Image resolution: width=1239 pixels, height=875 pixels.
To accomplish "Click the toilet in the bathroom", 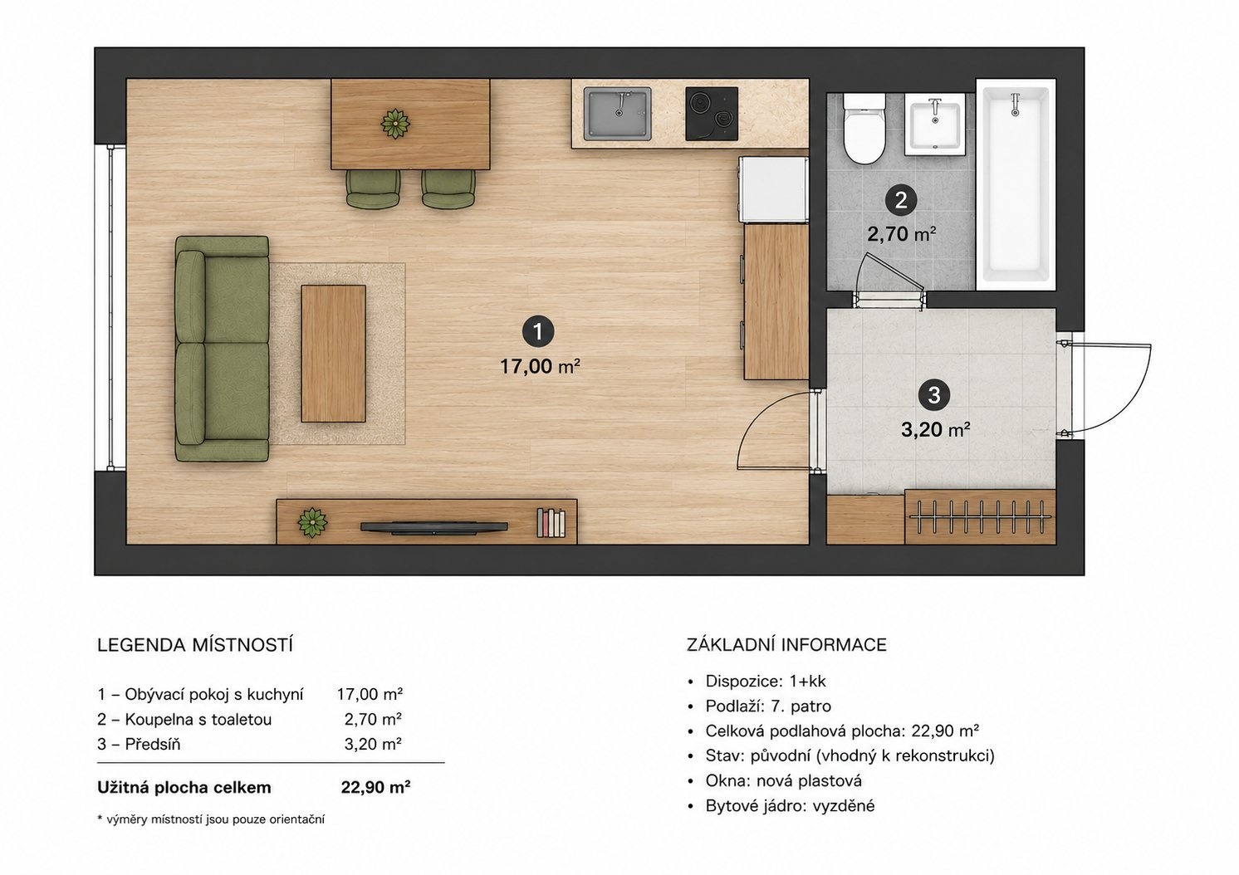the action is (864, 129).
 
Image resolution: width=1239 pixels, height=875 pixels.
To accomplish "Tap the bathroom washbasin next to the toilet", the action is (935, 124).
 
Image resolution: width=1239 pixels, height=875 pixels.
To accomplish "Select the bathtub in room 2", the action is (1016, 183).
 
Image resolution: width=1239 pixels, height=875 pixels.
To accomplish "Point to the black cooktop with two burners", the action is (712, 114).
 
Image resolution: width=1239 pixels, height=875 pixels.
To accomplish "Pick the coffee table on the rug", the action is (334, 354).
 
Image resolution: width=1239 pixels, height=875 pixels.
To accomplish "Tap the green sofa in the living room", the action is (223, 349).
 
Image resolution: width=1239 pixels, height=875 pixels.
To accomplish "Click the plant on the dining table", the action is (395, 124).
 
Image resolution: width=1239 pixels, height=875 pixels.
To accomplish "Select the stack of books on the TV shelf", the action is (551, 523).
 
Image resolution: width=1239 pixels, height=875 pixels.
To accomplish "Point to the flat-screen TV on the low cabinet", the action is (433, 528).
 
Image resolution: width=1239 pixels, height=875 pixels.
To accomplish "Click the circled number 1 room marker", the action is (537, 331).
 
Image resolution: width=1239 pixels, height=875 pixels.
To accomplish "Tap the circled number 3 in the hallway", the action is (934, 395).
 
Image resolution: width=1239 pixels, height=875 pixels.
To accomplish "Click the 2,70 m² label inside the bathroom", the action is (902, 234).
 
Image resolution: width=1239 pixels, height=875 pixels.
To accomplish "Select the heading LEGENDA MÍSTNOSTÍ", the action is (194, 646).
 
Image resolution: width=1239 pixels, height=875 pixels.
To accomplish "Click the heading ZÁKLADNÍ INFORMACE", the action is (786, 645).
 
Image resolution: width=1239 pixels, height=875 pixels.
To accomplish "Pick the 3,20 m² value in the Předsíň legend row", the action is (373, 745).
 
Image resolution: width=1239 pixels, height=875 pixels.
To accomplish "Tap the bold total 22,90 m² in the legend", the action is (375, 787).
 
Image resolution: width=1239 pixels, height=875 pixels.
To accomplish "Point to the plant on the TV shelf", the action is (312, 523).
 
